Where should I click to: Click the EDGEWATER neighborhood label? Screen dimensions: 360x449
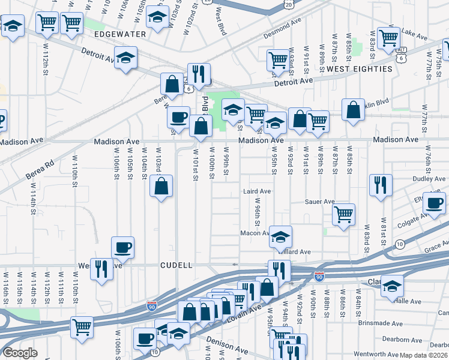120,34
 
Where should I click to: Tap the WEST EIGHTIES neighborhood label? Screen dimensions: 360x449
360,69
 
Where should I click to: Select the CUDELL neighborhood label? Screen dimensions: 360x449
176,265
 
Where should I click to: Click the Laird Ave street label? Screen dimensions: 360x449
257,191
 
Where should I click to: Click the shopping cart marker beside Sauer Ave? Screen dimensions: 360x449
343,215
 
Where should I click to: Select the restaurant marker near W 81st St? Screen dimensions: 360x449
381,185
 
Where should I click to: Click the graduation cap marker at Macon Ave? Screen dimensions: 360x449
280,236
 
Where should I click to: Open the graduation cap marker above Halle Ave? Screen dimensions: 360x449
393,285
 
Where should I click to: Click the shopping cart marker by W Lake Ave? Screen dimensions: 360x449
389,38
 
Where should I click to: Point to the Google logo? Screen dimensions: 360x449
20,353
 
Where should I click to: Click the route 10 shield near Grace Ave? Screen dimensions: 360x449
400,243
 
